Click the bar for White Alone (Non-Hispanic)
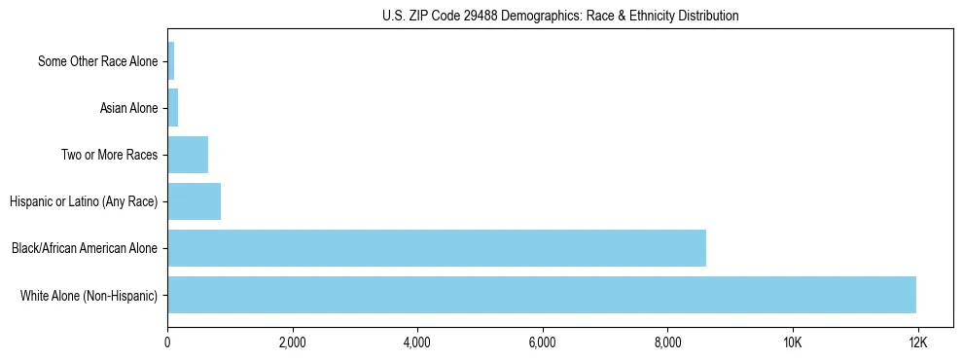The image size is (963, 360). [541, 295]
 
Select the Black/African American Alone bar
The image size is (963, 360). [436, 248]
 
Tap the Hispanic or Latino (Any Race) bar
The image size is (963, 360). [194, 201]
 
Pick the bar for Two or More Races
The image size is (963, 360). [188, 155]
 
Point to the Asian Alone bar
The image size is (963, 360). [172, 108]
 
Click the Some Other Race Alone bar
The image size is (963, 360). [170, 61]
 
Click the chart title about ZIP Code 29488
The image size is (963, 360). [560, 16]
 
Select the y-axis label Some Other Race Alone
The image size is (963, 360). [97, 61]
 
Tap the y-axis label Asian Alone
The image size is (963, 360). [128, 108]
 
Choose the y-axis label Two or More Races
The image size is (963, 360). [109, 155]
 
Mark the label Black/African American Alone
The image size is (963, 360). [85, 248]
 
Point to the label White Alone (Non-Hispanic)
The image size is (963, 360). [89, 295]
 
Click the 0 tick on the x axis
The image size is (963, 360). [167, 342]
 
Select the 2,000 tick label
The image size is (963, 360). [292, 342]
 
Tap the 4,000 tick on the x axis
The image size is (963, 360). [417, 342]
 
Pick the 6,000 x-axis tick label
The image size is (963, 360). [542, 342]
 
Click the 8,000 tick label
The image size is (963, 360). [667, 342]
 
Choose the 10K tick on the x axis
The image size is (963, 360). [793, 342]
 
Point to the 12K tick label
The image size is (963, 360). [917, 342]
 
